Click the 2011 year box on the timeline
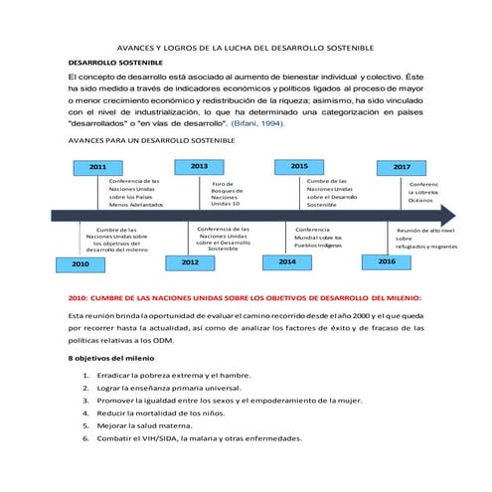point(98,168)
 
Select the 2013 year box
point(199,166)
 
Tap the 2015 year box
point(298,166)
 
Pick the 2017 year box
point(401,167)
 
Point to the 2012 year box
point(189,261)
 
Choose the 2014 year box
point(286,261)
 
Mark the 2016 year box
point(387,260)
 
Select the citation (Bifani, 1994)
point(257,124)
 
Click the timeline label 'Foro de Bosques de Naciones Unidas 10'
point(224,194)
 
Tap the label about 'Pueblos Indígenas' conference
point(319,239)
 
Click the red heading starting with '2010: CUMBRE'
point(245,296)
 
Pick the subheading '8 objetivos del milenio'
point(110,357)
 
